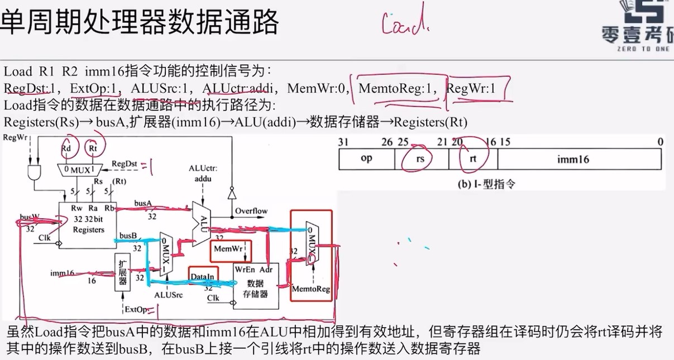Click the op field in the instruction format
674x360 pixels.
[366, 159]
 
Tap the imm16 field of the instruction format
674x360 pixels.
[573, 160]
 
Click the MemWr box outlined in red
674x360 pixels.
[227, 248]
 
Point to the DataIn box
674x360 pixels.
[202, 277]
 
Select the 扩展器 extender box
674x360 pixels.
[122, 272]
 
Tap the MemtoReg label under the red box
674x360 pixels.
[311, 289]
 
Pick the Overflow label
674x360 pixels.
[251, 211]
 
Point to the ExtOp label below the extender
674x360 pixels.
[136, 309]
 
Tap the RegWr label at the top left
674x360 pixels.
[15, 137]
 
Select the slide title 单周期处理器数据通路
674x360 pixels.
[140, 22]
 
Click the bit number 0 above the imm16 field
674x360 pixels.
[661, 142]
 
